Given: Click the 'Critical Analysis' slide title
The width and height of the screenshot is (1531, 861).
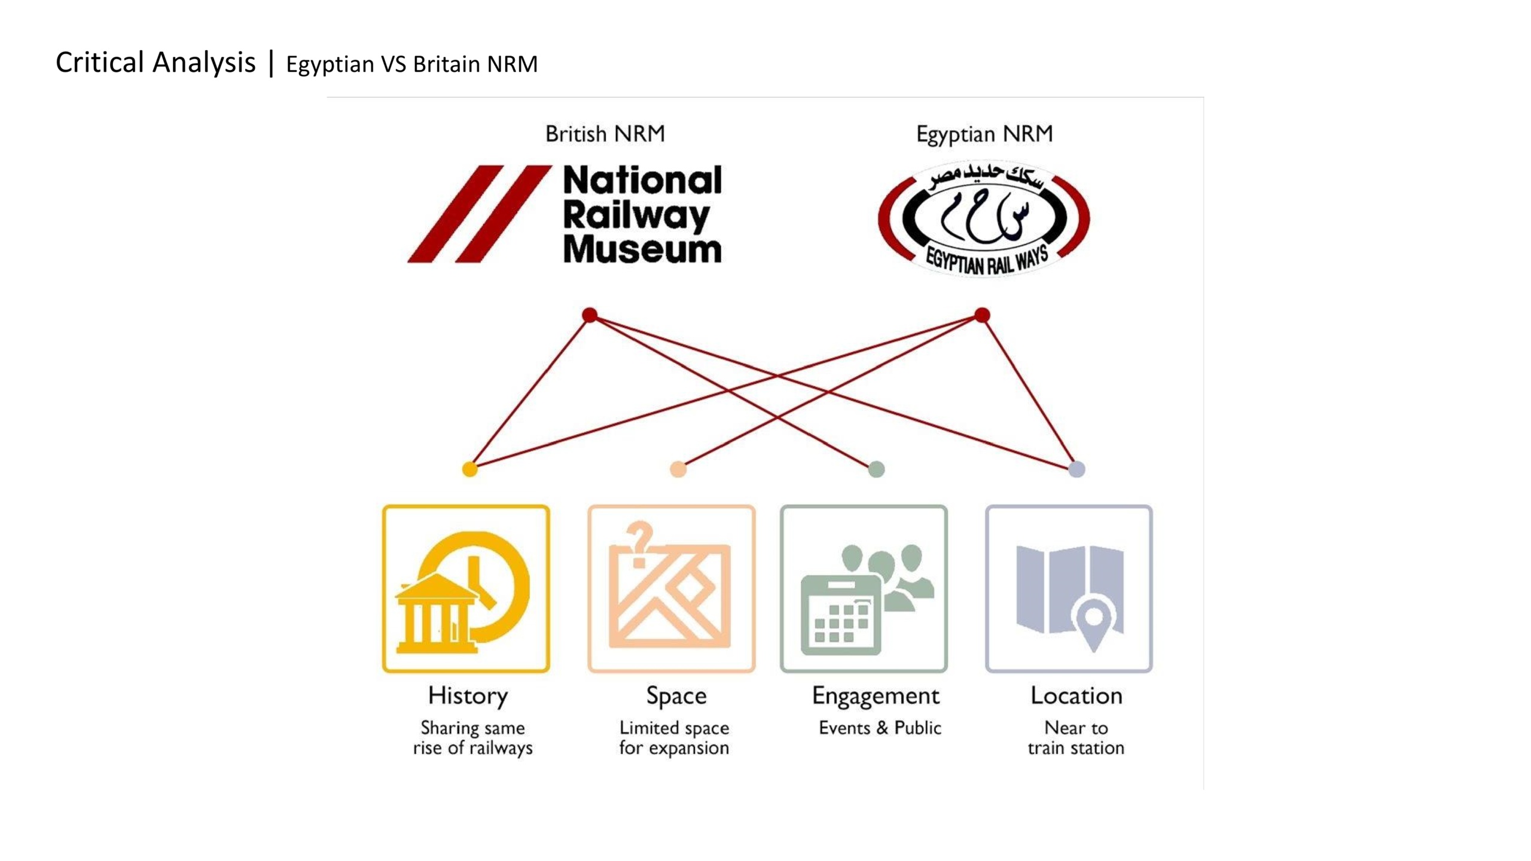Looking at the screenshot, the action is click(x=155, y=62).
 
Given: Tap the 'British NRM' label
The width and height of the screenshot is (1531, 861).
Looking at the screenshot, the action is click(x=605, y=133).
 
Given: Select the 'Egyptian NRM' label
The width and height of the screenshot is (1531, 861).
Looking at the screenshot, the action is click(x=984, y=134).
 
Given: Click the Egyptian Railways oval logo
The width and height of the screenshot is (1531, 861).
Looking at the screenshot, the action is click(x=984, y=218).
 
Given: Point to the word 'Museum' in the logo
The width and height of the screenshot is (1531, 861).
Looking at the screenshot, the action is click(x=642, y=249).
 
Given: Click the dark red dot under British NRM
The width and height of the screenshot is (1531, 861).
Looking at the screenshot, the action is click(x=590, y=315).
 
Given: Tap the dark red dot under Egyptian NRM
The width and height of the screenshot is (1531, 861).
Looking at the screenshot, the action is click(x=982, y=315).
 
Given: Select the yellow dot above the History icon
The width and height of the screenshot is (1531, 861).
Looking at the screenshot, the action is click(x=470, y=469).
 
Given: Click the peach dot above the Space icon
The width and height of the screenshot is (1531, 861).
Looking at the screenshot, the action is click(x=678, y=469).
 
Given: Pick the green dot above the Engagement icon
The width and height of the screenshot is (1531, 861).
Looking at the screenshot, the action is click(x=876, y=469).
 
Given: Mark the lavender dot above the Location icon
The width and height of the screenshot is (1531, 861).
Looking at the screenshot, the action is click(x=1076, y=469).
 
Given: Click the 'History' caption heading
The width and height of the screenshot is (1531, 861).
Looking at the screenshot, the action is click(x=468, y=697).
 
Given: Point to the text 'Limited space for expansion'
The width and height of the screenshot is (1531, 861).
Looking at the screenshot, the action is click(x=674, y=738).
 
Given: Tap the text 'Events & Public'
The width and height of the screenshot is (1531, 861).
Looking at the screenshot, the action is click(x=880, y=728).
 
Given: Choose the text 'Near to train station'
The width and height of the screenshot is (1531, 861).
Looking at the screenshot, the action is click(x=1076, y=738).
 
